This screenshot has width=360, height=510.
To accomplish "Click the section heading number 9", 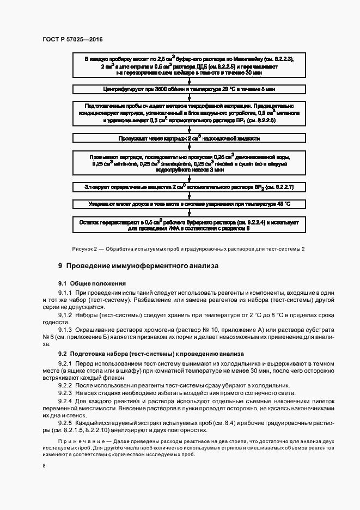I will pyautogui.click(x=60, y=266).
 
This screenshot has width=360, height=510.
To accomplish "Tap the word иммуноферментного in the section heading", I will pyautogui.click(x=154, y=266).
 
